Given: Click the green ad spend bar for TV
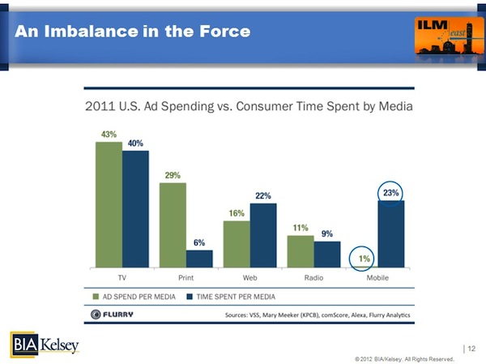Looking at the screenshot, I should tap(109, 204).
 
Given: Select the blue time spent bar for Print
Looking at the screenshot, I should tap(199, 258).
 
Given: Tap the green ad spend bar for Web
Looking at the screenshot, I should tap(237, 243).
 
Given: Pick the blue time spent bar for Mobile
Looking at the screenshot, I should tap(390, 233).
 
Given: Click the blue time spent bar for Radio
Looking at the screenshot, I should tap(327, 254).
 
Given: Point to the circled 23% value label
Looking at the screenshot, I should tap(390, 194).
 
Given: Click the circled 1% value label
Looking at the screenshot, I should tap(365, 259).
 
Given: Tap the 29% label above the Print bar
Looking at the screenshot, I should tap(173, 174).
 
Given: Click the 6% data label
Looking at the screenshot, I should tap(199, 242).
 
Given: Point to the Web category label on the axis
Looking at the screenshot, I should tap(249, 276).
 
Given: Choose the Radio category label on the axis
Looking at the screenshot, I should tap(313, 276).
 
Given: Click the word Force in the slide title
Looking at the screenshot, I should tap(217, 32).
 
